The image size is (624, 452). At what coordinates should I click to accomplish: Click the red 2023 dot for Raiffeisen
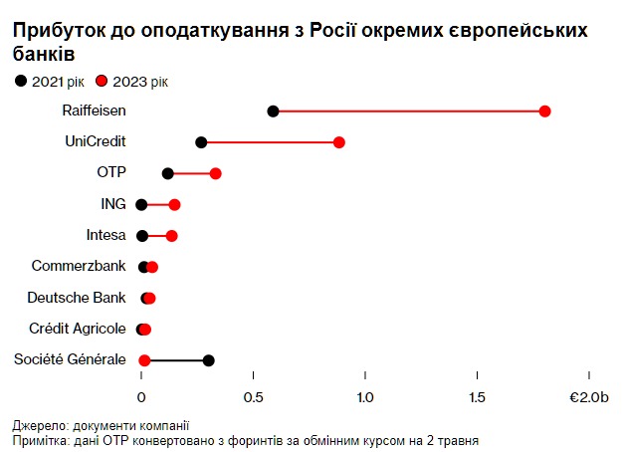pos(544,111)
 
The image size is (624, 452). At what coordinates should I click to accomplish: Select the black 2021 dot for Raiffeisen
pos(274,111)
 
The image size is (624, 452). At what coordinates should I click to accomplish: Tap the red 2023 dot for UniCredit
pos(339,142)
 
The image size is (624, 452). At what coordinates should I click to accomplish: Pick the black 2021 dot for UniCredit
pos(201,142)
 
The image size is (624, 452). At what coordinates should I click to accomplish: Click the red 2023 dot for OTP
pos(215,173)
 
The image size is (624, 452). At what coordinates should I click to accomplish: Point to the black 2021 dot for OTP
pos(167,173)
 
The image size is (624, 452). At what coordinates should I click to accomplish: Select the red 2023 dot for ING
pos(174,204)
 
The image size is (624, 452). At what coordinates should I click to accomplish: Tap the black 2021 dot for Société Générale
pos(208,360)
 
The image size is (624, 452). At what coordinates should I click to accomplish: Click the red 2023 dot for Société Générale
pos(144,360)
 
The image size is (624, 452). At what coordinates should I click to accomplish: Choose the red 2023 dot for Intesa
pos(171,236)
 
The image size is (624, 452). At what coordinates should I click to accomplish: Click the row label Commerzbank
pos(79,266)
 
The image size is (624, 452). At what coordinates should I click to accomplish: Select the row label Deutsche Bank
pos(77,297)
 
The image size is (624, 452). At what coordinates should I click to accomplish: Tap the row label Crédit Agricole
pos(78,329)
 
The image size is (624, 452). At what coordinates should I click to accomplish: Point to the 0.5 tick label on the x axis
pos(254,397)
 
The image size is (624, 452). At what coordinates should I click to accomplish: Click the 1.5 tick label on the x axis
pos(478,397)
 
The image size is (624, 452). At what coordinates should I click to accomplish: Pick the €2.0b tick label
pos(588,397)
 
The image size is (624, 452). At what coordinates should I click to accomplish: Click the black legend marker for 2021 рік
pos(21,81)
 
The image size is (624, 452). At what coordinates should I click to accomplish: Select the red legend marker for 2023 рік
pos(102,81)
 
